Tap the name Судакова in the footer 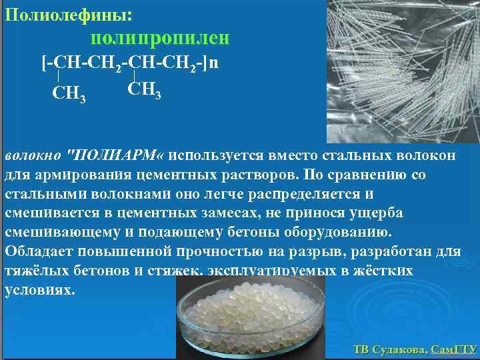pyautogui.click(x=399, y=349)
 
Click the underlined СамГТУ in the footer pyautogui.click(x=454, y=349)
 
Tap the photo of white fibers pyautogui.click(x=403, y=70)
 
